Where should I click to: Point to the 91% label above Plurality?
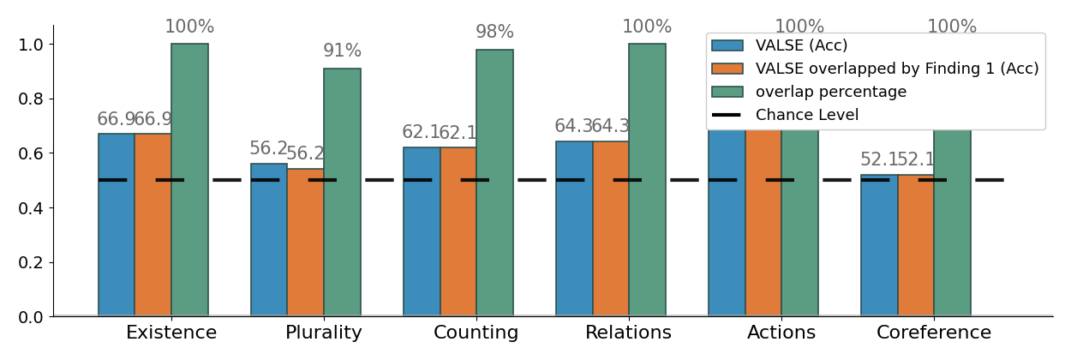click(x=342, y=51)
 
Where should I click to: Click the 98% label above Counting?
click(x=494, y=33)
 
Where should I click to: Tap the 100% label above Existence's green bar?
click(x=189, y=27)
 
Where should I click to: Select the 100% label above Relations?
click(x=647, y=27)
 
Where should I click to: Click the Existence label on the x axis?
click(x=171, y=333)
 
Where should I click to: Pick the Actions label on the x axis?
click(x=781, y=333)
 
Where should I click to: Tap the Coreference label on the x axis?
click(x=934, y=333)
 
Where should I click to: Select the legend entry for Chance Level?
click(x=806, y=115)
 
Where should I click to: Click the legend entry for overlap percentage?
click(x=830, y=92)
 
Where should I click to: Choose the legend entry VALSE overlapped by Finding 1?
click(x=896, y=69)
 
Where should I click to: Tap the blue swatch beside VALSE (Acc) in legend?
click(x=727, y=45)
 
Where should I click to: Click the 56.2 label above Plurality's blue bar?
click(x=268, y=149)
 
